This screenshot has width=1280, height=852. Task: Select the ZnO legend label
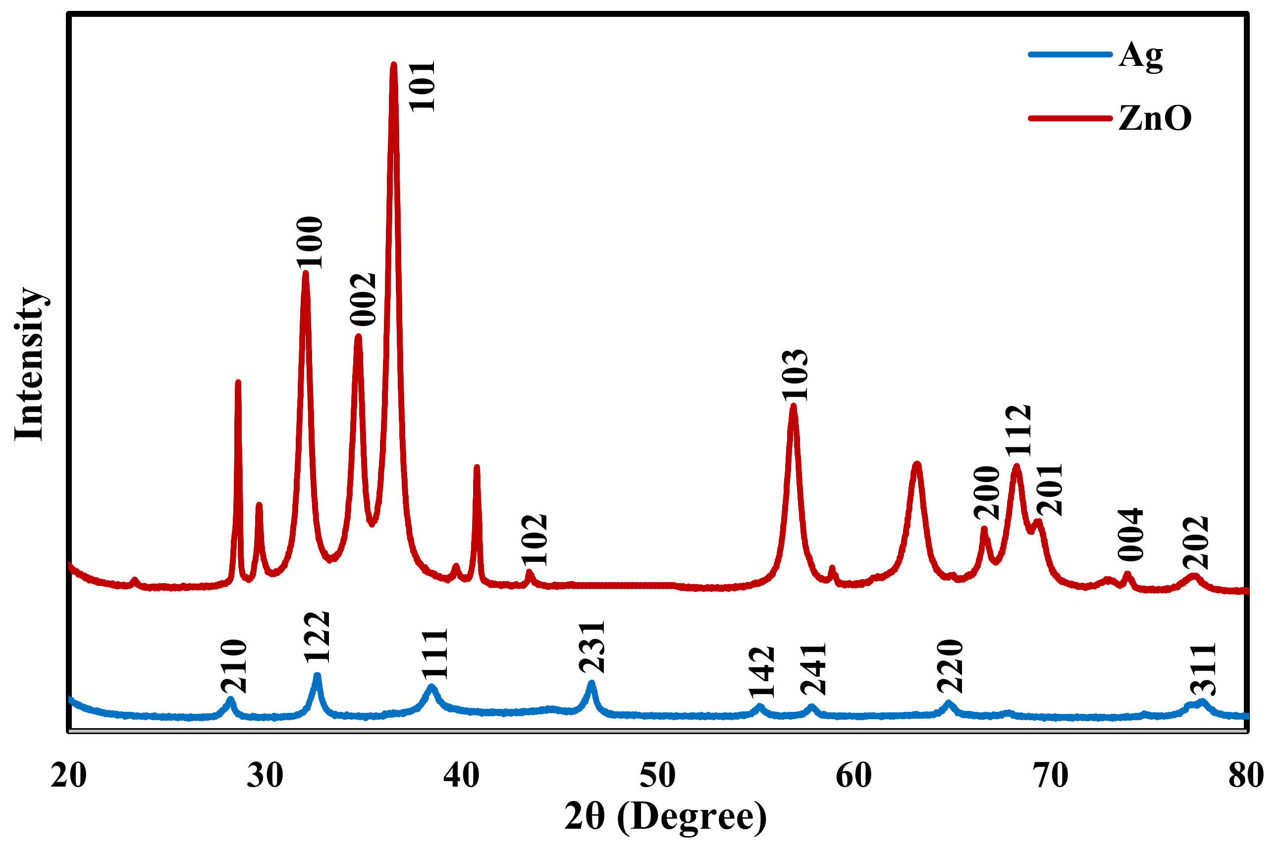(1154, 118)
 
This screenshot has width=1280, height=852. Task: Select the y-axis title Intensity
(29, 364)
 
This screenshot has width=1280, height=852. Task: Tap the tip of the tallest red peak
(393, 65)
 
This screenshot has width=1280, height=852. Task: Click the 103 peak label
(795, 376)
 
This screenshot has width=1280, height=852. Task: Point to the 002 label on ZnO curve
(363, 300)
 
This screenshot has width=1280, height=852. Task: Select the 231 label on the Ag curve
(591, 646)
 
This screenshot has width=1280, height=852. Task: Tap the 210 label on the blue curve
(234, 667)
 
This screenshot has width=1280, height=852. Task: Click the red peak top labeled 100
(305, 273)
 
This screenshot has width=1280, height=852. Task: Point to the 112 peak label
(1017, 430)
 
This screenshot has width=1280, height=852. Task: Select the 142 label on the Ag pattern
(761, 672)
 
